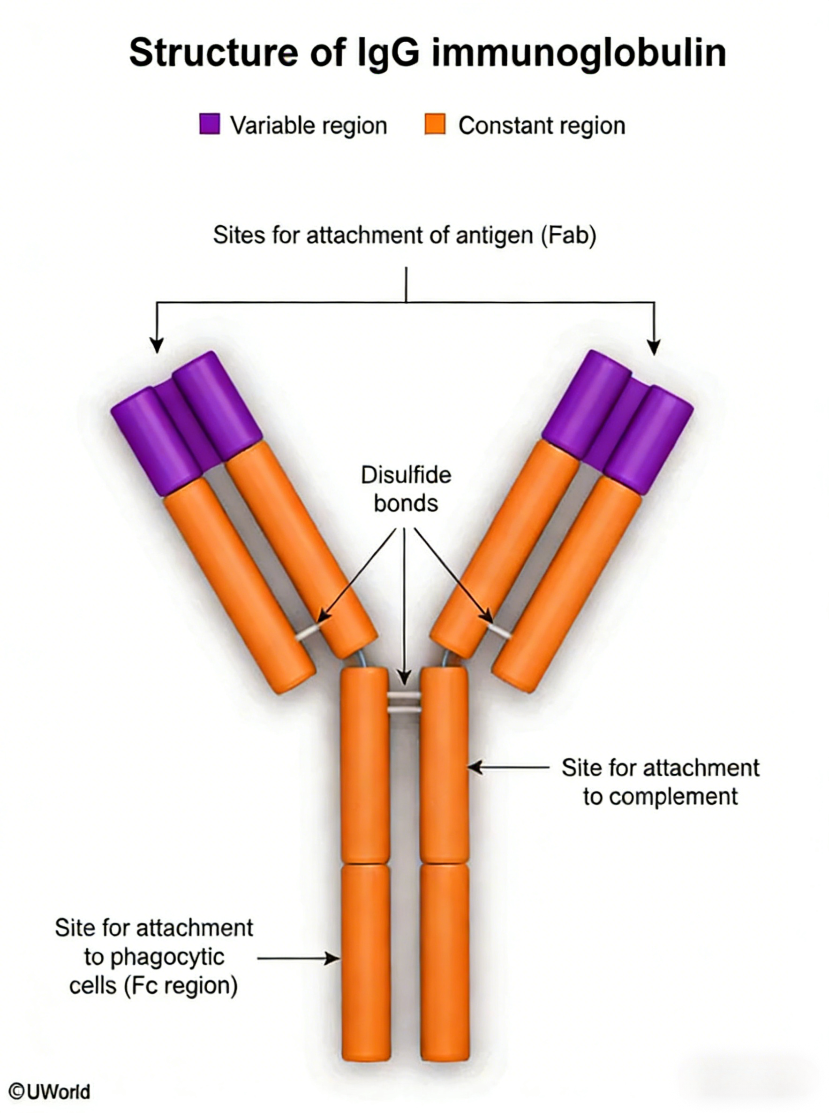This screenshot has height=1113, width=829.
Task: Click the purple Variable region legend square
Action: click(209, 124)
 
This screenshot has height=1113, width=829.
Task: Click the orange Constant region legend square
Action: click(435, 124)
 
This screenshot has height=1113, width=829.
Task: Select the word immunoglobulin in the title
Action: click(578, 53)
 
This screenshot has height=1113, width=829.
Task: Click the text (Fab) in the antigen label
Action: click(569, 235)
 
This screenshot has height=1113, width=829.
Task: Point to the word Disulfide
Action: click(406, 475)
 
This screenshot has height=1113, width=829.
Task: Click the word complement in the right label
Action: click(660, 796)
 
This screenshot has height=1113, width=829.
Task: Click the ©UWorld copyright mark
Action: click(49, 1091)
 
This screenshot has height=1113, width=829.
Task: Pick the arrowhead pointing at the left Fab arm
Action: click(157, 346)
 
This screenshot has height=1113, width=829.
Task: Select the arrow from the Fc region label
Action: click(299, 958)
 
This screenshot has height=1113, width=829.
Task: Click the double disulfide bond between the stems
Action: click(405, 702)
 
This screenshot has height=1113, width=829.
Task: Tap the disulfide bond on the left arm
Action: click(306, 633)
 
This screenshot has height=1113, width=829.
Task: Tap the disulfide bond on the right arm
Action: click(500, 631)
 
